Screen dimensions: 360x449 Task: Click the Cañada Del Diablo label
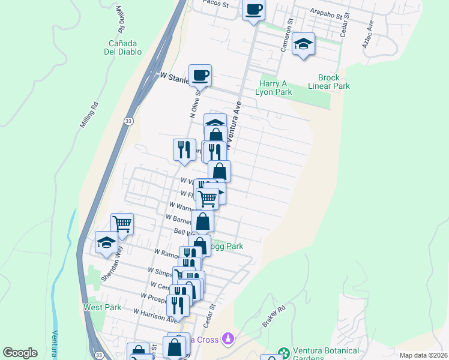pos(125,47)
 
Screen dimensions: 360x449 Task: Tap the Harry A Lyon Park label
pos(275,88)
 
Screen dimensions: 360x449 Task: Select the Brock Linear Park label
pos(333,82)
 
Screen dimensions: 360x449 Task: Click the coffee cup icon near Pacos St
pos(253,10)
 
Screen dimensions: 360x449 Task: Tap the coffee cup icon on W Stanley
pos(200,76)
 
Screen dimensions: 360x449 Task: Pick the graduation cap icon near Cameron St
pos(304,44)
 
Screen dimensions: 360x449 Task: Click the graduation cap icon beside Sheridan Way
pos(106,243)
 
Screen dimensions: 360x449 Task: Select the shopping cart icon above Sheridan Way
pos(122,224)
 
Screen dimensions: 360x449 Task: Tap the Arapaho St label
pos(330,12)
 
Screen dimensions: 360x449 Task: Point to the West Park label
pos(102,308)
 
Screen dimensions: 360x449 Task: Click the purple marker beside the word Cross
pos(228,340)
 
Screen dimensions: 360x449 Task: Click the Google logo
pos(20,353)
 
